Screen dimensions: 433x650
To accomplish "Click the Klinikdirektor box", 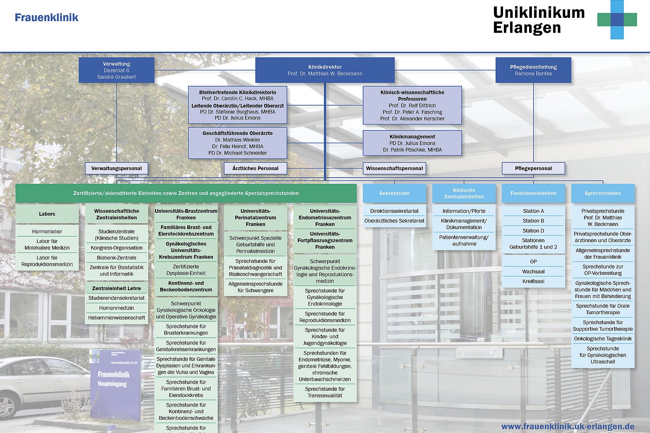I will pos(325,70).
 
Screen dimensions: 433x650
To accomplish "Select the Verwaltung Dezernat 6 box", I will pos(116,70).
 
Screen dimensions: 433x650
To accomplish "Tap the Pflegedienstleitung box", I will pos(533,70).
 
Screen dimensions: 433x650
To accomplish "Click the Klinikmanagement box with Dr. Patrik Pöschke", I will pos(412,143).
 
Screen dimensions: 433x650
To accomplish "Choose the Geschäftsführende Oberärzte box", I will pos(238,143).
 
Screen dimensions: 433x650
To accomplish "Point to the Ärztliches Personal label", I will pos(255,168).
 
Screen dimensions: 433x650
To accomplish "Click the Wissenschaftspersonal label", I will pos(395,168).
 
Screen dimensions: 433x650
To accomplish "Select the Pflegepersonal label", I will pos(533,168).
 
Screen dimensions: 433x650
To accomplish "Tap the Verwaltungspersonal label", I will pos(116,168).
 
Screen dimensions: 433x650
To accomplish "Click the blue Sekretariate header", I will pos(394,193).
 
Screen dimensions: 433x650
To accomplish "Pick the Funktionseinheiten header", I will pos(533,193).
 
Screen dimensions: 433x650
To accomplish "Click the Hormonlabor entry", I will pos(47,231).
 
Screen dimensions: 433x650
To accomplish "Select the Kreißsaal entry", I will pos(533,281).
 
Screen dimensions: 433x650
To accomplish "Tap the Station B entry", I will pos(533,221).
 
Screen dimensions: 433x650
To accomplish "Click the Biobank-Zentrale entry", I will pos(116,257).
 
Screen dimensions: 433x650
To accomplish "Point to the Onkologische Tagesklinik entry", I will pos(603,339).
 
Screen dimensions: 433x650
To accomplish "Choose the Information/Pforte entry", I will pos(464,211).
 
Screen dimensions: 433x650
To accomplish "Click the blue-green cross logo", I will pos(617,19).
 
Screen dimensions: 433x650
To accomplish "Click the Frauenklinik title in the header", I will pos(46,17).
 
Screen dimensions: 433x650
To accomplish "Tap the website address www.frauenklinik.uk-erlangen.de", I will pos(568,426).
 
